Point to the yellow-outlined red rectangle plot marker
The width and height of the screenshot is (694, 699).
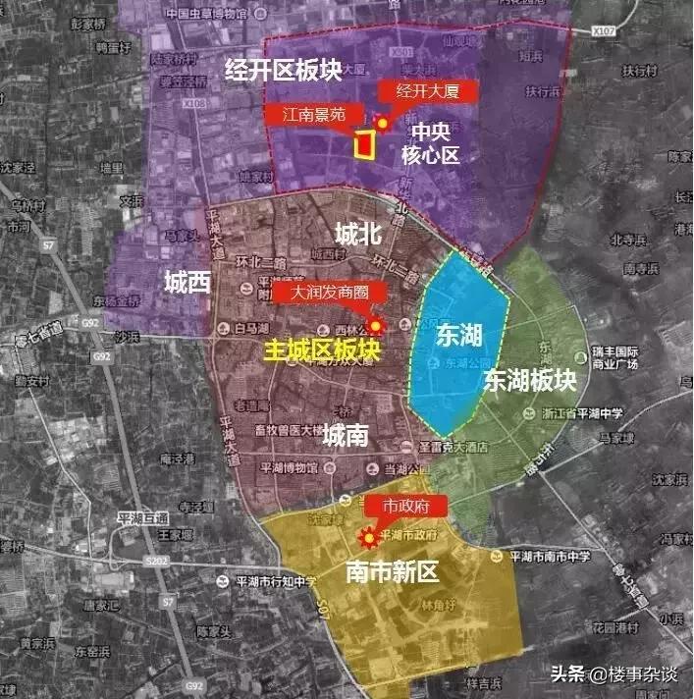tap(364, 144)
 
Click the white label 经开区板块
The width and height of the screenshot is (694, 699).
tap(285, 72)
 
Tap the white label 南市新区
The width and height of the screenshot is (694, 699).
tap(392, 573)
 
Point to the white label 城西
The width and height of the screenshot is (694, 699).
tap(187, 285)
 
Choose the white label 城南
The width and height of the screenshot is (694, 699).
tap(347, 434)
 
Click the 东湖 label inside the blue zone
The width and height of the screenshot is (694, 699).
tap(459, 336)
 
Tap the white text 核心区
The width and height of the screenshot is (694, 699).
tap(430, 154)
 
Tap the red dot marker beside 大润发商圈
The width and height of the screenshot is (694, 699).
tap(374, 325)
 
